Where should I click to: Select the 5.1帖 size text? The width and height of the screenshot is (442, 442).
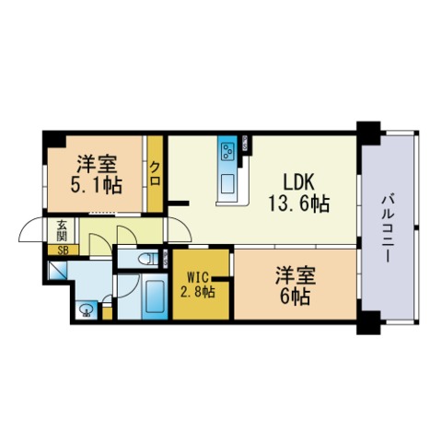[95, 185]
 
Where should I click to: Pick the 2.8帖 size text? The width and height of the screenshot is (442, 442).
[198, 292]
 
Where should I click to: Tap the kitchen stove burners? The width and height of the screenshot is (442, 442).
[227, 149]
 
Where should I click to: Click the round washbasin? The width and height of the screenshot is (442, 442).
[87, 309]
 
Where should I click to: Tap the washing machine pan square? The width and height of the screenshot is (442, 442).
[58, 272]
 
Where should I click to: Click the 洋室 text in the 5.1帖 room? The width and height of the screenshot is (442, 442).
[95, 164]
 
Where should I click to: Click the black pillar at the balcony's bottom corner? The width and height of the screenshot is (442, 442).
[369, 323]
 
